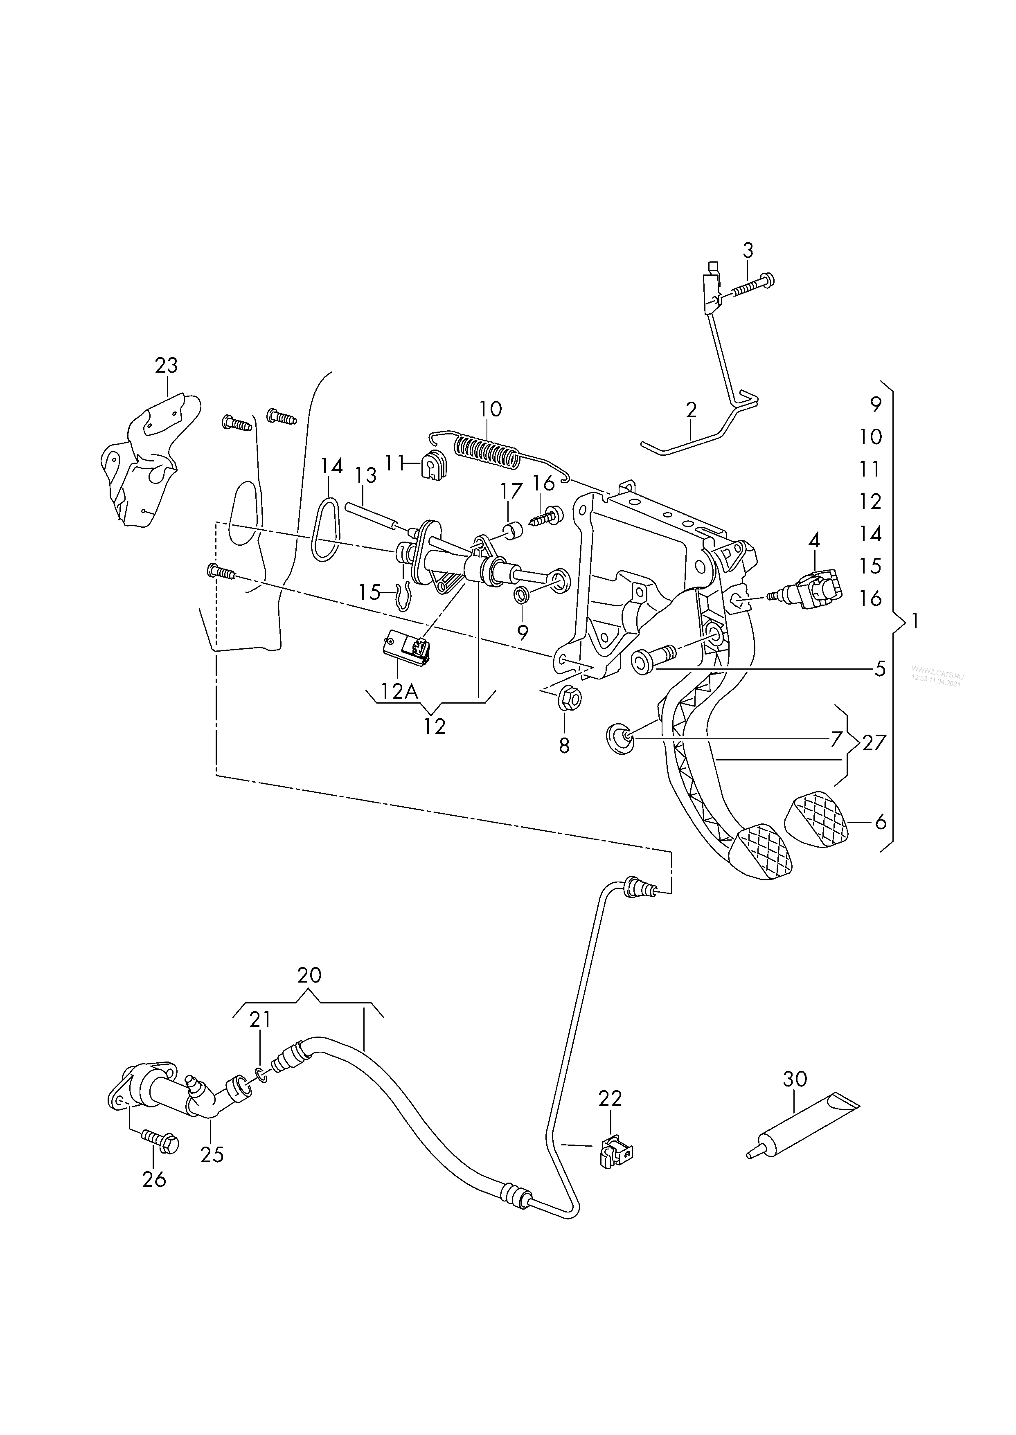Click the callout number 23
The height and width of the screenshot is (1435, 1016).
pos(167,365)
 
